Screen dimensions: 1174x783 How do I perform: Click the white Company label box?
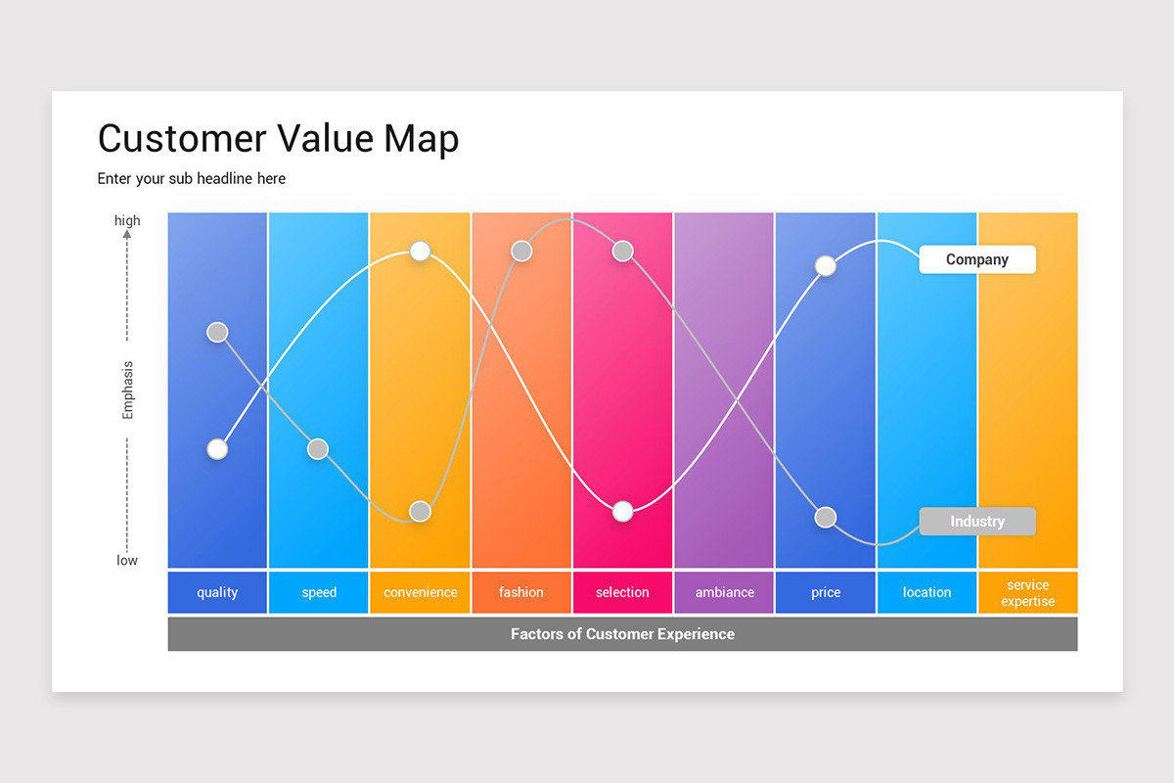tap(977, 259)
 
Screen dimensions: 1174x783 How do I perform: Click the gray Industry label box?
tap(977, 521)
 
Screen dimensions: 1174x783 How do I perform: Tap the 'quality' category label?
tap(217, 592)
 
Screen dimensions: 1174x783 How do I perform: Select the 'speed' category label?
tap(319, 592)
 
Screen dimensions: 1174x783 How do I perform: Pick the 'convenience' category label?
tap(421, 592)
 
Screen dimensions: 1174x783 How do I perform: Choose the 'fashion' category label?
tap(520, 591)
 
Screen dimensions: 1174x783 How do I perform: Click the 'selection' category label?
tap(622, 591)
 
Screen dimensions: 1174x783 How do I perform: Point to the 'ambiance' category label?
tap(724, 591)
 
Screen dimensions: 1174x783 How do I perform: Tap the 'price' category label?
tap(826, 592)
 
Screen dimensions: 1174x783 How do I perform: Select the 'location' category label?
tap(926, 591)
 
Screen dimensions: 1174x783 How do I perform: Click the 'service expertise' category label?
tap(1028, 592)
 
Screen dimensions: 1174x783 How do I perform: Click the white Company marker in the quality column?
tap(217, 449)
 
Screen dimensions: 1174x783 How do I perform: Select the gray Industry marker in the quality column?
tap(217, 332)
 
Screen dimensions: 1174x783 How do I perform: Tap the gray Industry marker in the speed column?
tap(318, 449)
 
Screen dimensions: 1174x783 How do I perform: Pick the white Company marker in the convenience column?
tap(420, 252)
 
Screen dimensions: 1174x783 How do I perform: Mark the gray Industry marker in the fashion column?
tap(520, 252)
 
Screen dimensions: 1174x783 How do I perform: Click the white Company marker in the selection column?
tap(622, 511)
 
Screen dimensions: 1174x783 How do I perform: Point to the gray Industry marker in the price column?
tap(826, 518)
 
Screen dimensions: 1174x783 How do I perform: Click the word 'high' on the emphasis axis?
tap(127, 220)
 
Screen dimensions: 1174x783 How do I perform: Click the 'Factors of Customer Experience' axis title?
tap(622, 633)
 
